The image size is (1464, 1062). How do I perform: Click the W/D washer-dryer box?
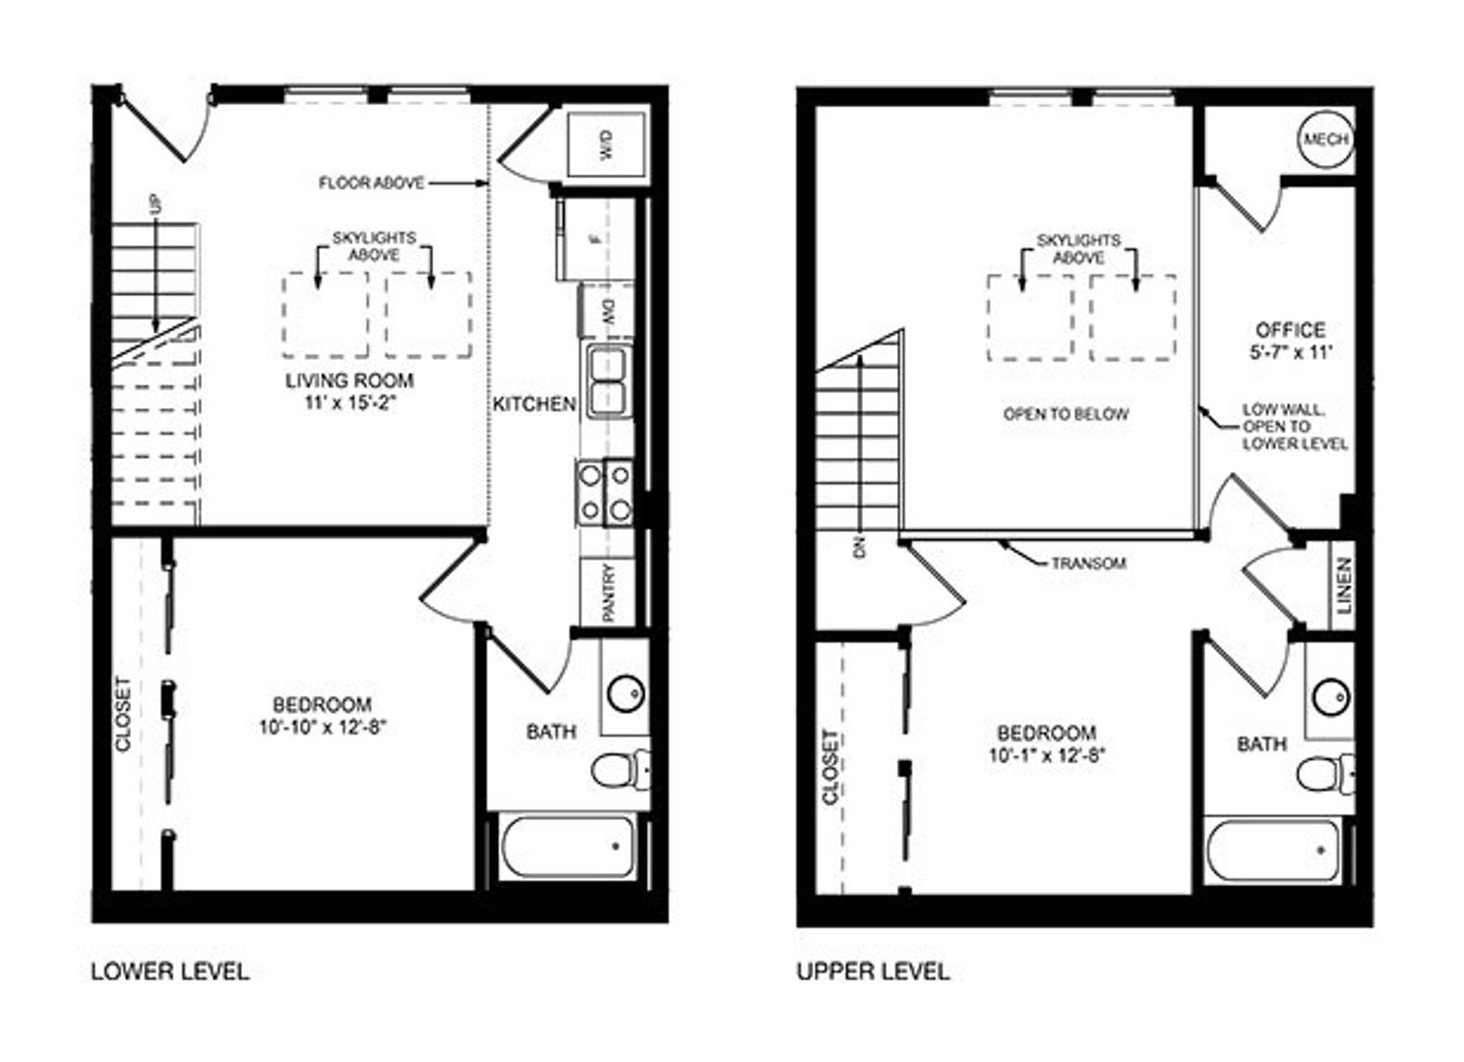coord(606,145)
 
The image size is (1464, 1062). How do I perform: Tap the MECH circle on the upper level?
coord(1325,139)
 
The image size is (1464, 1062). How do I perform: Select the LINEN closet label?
coord(1344,585)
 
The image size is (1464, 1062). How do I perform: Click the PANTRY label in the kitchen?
coord(608,593)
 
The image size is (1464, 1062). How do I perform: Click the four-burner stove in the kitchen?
coord(604,493)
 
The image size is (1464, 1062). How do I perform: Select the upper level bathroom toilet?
coord(1326,775)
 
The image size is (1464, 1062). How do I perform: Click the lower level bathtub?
coord(567,847)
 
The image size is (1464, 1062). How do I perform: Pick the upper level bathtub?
coord(1272,851)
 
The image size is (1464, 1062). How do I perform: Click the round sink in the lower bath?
coord(626,693)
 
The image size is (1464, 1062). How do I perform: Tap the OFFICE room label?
coord(1290,329)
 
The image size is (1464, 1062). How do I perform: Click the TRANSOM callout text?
coord(1089,563)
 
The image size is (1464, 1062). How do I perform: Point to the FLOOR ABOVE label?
coord(371,184)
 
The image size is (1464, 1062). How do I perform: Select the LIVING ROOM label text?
coord(349,381)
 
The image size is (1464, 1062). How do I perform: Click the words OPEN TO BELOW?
coord(1066,414)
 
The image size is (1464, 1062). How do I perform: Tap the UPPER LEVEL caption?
coord(873,972)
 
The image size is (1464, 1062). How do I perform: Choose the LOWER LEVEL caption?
coord(170,972)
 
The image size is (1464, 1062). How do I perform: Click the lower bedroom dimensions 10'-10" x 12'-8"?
coord(324,727)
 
